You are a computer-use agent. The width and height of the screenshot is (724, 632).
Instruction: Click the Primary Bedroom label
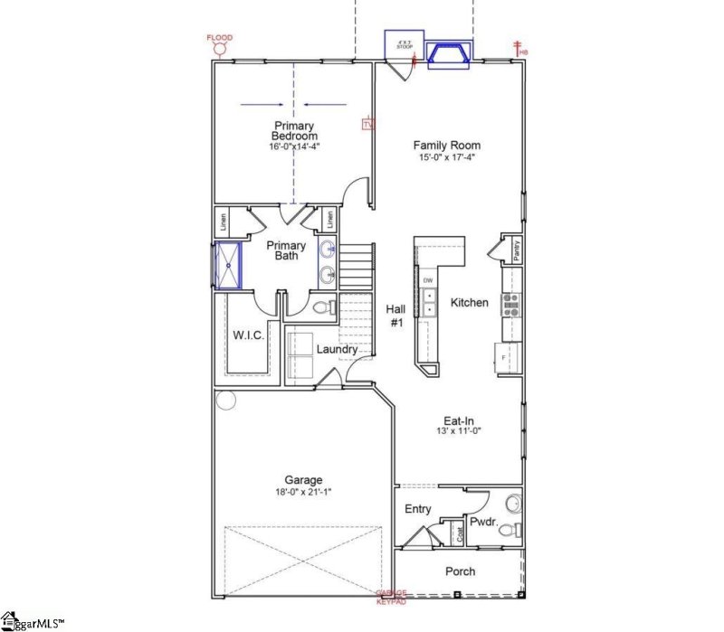(x=296, y=131)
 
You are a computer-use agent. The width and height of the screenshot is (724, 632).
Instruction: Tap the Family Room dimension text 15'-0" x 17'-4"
(x=446, y=157)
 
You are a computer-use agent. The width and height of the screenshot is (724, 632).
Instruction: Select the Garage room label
(x=303, y=480)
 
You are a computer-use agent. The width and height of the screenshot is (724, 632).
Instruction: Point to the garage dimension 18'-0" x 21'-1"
(x=303, y=493)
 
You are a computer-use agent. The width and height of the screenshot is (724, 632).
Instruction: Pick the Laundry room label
(x=336, y=349)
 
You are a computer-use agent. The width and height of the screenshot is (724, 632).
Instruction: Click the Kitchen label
(x=470, y=303)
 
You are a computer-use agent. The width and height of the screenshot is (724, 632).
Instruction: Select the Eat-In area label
(x=460, y=420)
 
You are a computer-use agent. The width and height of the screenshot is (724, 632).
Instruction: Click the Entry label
(x=417, y=510)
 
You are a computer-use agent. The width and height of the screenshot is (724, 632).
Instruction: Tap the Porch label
(x=460, y=571)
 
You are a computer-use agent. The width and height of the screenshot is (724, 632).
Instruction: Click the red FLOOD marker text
(x=219, y=38)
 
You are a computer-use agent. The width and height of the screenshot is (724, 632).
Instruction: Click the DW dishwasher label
(x=427, y=280)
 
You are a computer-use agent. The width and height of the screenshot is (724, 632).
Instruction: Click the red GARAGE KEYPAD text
(x=392, y=596)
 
